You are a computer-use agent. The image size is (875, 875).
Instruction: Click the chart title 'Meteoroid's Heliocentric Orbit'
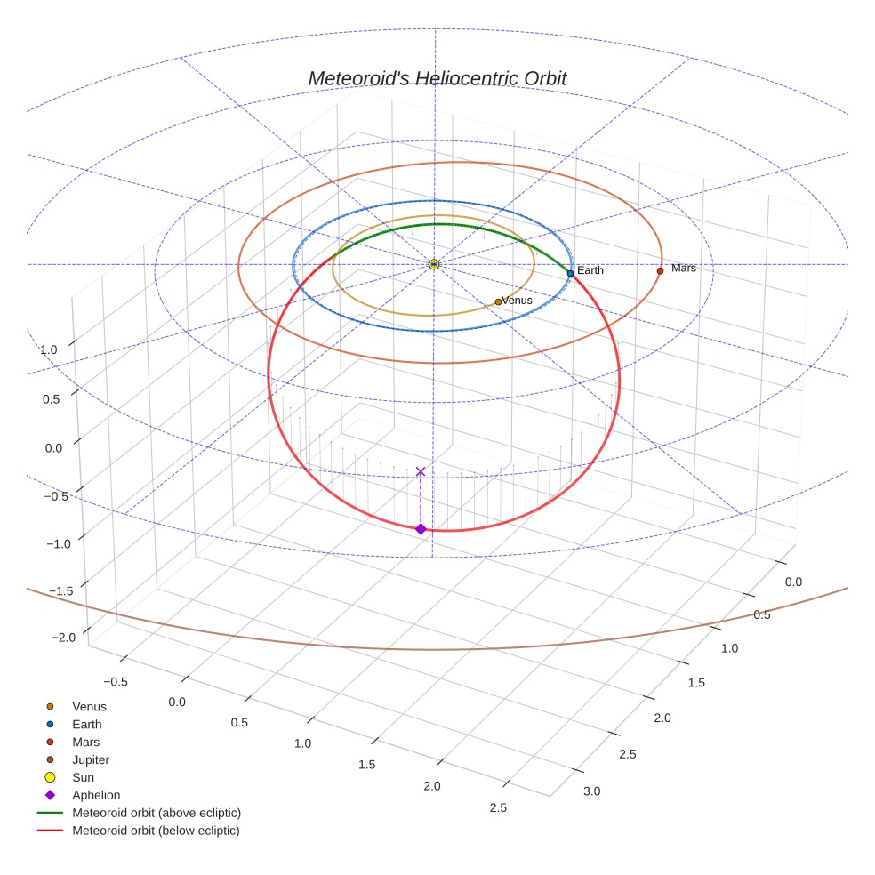point(437,78)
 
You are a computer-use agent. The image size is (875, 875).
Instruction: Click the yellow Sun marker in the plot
point(434,264)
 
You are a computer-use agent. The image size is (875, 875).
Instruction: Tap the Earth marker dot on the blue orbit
point(570,273)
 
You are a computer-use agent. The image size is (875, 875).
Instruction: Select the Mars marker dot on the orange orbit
point(660,270)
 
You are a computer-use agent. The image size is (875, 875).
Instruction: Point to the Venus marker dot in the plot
point(498,302)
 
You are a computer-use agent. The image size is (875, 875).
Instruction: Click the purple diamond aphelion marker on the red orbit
point(421,529)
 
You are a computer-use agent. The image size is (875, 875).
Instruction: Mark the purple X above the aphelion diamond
point(421,471)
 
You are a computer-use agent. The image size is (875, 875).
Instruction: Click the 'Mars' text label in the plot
point(684,268)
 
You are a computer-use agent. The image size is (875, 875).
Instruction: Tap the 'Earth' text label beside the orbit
point(590,270)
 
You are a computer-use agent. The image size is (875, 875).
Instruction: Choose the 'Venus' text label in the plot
point(518,301)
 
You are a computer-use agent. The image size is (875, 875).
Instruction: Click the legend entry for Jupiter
point(90,759)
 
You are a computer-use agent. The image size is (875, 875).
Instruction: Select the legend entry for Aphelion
point(95,795)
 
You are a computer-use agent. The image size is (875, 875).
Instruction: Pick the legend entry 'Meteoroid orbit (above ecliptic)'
point(156,813)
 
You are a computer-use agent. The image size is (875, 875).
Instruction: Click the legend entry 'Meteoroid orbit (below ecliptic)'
point(156,831)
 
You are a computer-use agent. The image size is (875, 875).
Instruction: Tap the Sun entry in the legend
point(83,777)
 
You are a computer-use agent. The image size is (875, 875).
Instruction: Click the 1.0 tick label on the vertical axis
point(49,350)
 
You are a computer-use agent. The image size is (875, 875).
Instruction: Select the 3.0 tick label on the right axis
point(591,791)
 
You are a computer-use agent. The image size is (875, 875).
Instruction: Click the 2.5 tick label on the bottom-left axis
point(498,807)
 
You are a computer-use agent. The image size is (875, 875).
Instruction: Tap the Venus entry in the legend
point(89,706)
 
